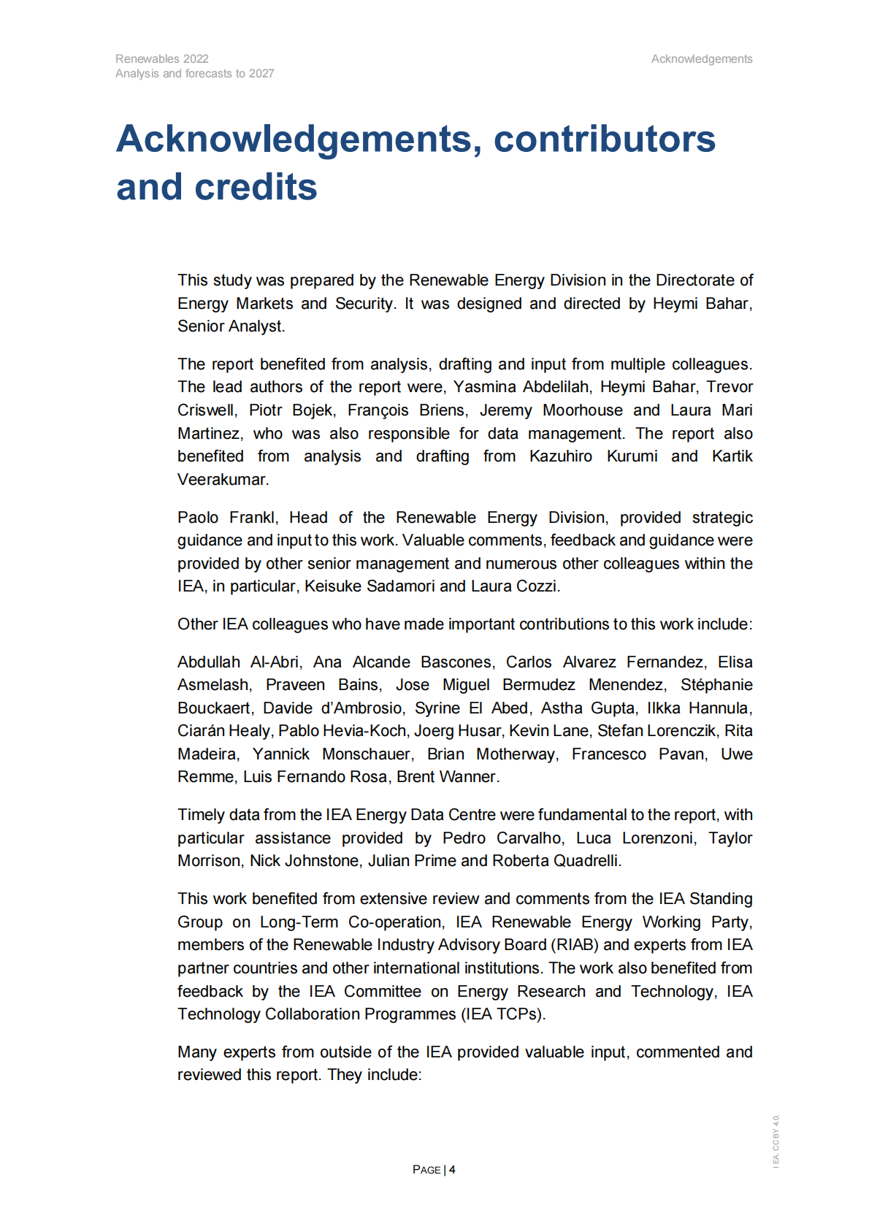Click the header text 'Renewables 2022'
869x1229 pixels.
pyautogui.click(x=161, y=58)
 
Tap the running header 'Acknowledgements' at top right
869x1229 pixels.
pyautogui.click(x=701, y=58)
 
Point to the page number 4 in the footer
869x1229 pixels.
pyautogui.click(x=453, y=1169)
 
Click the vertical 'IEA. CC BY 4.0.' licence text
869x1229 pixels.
pyautogui.click(x=776, y=1140)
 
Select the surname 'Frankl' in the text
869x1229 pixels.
pyautogui.click(x=253, y=517)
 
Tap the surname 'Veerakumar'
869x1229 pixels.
pyautogui.click(x=223, y=479)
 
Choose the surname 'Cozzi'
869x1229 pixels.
pyautogui.click(x=537, y=586)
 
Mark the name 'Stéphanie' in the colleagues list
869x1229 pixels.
pyautogui.click(x=716, y=684)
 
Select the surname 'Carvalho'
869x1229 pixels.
pyautogui.click(x=530, y=838)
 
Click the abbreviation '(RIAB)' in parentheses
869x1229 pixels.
pyautogui.click(x=575, y=944)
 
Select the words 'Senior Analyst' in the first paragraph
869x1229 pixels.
pyautogui.click(x=230, y=326)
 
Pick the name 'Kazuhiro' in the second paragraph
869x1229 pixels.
pyautogui.click(x=561, y=456)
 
